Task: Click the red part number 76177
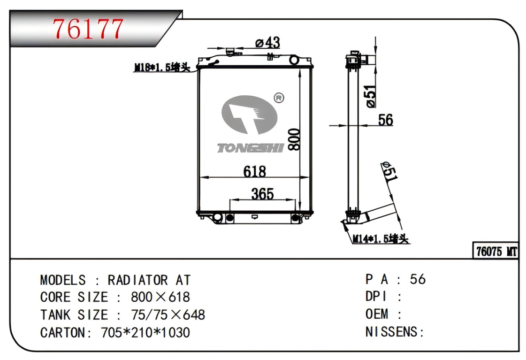[88, 29]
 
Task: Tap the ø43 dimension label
[267, 43]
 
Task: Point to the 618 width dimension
[254, 171]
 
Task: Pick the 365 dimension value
[262, 194]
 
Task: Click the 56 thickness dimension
[385, 120]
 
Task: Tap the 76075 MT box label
[496, 252]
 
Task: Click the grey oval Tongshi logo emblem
[249, 115]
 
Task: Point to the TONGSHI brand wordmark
[251, 148]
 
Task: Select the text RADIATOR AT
[149, 280]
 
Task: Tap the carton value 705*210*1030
[145, 332]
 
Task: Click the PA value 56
[418, 279]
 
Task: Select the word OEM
[377, 314]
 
